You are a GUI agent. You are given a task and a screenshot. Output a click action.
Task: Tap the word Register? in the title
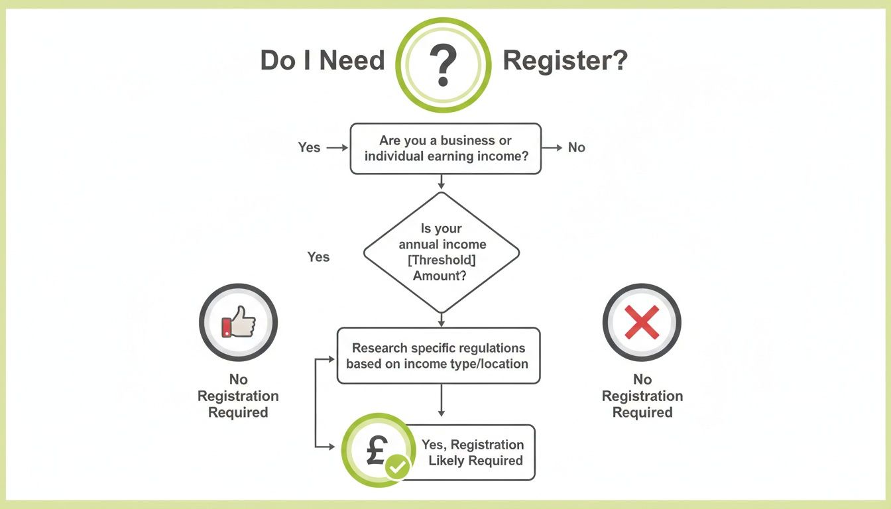pyautogui.click(x=565, y=61)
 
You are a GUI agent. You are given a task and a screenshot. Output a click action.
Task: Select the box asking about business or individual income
pyautogui.click(x=445, y=148)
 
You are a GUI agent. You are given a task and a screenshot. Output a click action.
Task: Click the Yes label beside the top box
pyautogui.click(x=309, y=147)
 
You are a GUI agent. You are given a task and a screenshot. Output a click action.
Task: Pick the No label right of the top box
pyautogui.click(x=577, y=147)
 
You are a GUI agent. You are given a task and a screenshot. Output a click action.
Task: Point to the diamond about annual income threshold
pyautogui.click(x=442, y=252)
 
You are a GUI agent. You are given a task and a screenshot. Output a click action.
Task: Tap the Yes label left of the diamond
pyautogui.click(x=318, y=256)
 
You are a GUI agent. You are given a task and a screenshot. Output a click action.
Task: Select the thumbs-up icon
pyautogui.click(x=238, y=323)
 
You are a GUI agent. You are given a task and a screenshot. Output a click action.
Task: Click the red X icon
pyautogui.click(x=642, y=323)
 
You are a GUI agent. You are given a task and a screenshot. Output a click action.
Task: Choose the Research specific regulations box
pyautogui.click(x=438, y=356)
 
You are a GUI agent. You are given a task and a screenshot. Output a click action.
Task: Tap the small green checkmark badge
pyautogui.click(x=398, y=467)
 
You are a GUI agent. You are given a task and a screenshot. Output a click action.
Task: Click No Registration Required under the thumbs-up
pyautogui.click(x=238, y=396)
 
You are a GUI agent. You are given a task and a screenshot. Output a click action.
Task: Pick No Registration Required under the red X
pyautogui.click(x=642, y=396)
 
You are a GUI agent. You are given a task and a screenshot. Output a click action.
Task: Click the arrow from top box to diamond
pyautogui.click(x=442, y=182)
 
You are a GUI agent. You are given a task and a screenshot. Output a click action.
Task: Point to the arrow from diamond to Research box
pyautogui.click(x=442, y=319)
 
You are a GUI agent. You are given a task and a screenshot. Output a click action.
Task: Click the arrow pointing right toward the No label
pyautogui.click(x=552, y=147)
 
